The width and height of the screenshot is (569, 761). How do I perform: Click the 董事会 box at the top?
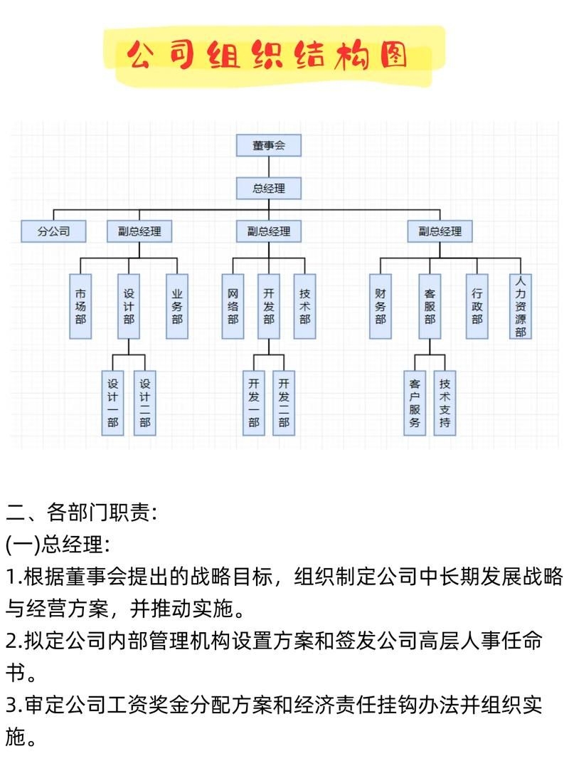point(268,145)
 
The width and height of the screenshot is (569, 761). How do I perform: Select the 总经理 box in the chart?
point(268,189)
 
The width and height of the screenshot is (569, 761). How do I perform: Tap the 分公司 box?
point(53,231)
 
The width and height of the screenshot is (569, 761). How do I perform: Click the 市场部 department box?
point(80,306)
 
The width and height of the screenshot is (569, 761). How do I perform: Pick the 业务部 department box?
point(177,306)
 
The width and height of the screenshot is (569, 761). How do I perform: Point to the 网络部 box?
point(233,306)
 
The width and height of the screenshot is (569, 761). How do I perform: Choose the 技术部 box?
point(304,306)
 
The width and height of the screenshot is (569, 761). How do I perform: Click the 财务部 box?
point(381,306)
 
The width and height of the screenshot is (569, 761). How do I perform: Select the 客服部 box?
point(430,306)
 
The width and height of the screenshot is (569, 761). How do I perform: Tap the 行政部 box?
point(477,306)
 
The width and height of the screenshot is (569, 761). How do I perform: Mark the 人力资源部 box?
point(521,306)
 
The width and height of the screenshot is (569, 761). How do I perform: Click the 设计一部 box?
point(112,403)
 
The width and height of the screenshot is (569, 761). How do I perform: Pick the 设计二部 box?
point(144,403)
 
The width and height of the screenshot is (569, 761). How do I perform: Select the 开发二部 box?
point(283,403)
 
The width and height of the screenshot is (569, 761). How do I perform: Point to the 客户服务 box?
point(414,403)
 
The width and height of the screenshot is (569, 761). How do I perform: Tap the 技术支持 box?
point(445,403)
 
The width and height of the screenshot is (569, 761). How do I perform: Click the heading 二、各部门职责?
point(82,512)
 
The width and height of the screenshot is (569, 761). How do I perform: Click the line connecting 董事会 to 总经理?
point(268,167)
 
